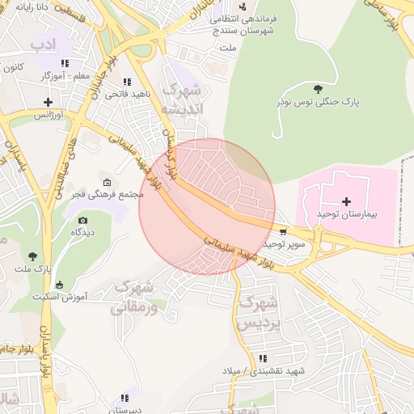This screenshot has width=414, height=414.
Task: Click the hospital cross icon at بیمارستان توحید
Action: point(347,201)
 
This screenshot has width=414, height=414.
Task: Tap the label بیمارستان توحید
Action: point(347,213)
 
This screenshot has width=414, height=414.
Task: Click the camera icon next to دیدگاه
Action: point(82,220)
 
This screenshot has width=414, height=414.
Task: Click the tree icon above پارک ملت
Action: point(32,256)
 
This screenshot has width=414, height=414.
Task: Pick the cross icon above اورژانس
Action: point(48,102)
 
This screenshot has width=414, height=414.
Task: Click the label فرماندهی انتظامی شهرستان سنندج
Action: point(243,23)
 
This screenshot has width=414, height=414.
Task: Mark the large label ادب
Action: point(44,42)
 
